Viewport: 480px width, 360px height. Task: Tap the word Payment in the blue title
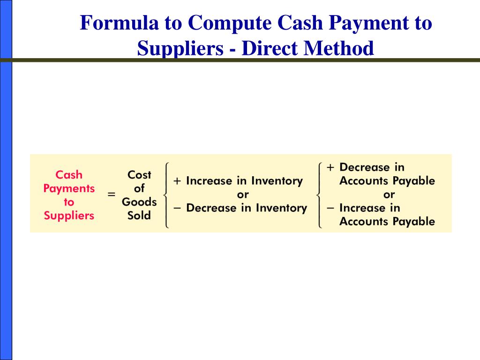[361, 23]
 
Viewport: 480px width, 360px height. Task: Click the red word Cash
[69, 175]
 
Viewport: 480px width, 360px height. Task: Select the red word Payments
[69, 188]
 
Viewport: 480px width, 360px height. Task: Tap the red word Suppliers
[69, 216]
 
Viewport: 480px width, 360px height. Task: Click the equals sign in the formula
[112, 195]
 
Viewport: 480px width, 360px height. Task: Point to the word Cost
[139, 175]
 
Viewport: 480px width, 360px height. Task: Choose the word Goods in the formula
[139, 202]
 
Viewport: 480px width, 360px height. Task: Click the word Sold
[139, 216]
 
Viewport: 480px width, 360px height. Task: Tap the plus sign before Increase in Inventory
[178, 181]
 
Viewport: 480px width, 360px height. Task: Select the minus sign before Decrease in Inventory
[178, 208]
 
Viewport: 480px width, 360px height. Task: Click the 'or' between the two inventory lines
[243, 194]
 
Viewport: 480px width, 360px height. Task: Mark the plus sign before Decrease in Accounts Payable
[331, 167]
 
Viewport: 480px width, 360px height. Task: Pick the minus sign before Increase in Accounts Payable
[331, 208]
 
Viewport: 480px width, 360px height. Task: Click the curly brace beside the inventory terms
[166, 195]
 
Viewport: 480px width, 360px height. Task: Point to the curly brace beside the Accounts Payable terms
[319, 195]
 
